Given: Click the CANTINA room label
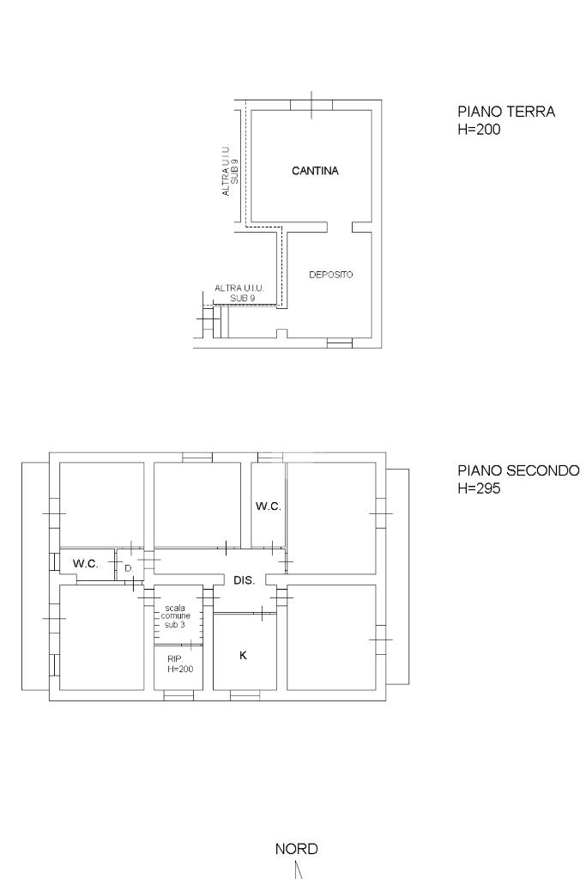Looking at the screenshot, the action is click(x=315, y=171).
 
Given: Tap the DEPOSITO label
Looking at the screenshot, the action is click(x=331, y=275).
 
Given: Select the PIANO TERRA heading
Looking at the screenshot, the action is click(x=506, y=112).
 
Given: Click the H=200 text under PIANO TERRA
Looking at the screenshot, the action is click(x=479, y=130).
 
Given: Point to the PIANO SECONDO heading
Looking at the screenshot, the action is click(x=519, y=470).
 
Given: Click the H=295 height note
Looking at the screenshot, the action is click(x=479, y=488).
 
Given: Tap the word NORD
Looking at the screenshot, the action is click(x=296, y=849).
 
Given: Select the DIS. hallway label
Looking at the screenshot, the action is click(x=245, y=581).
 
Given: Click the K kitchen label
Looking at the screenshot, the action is click(x=243, y=655).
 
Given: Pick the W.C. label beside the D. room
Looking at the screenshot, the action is click(x=86, y=564).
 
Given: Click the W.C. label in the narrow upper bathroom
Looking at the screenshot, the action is click(x=269, y=506).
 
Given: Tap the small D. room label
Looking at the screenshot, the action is click(x=129, y=568).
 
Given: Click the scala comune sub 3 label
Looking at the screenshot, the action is click(x=175, y=616).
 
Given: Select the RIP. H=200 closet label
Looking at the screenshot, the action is click(x=180, y=664).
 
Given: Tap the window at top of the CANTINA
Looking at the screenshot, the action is click(x=311, y=105).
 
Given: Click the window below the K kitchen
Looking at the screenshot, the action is click(x=245, y=695).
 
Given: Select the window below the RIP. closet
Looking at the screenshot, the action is click(x=178, y=695).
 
